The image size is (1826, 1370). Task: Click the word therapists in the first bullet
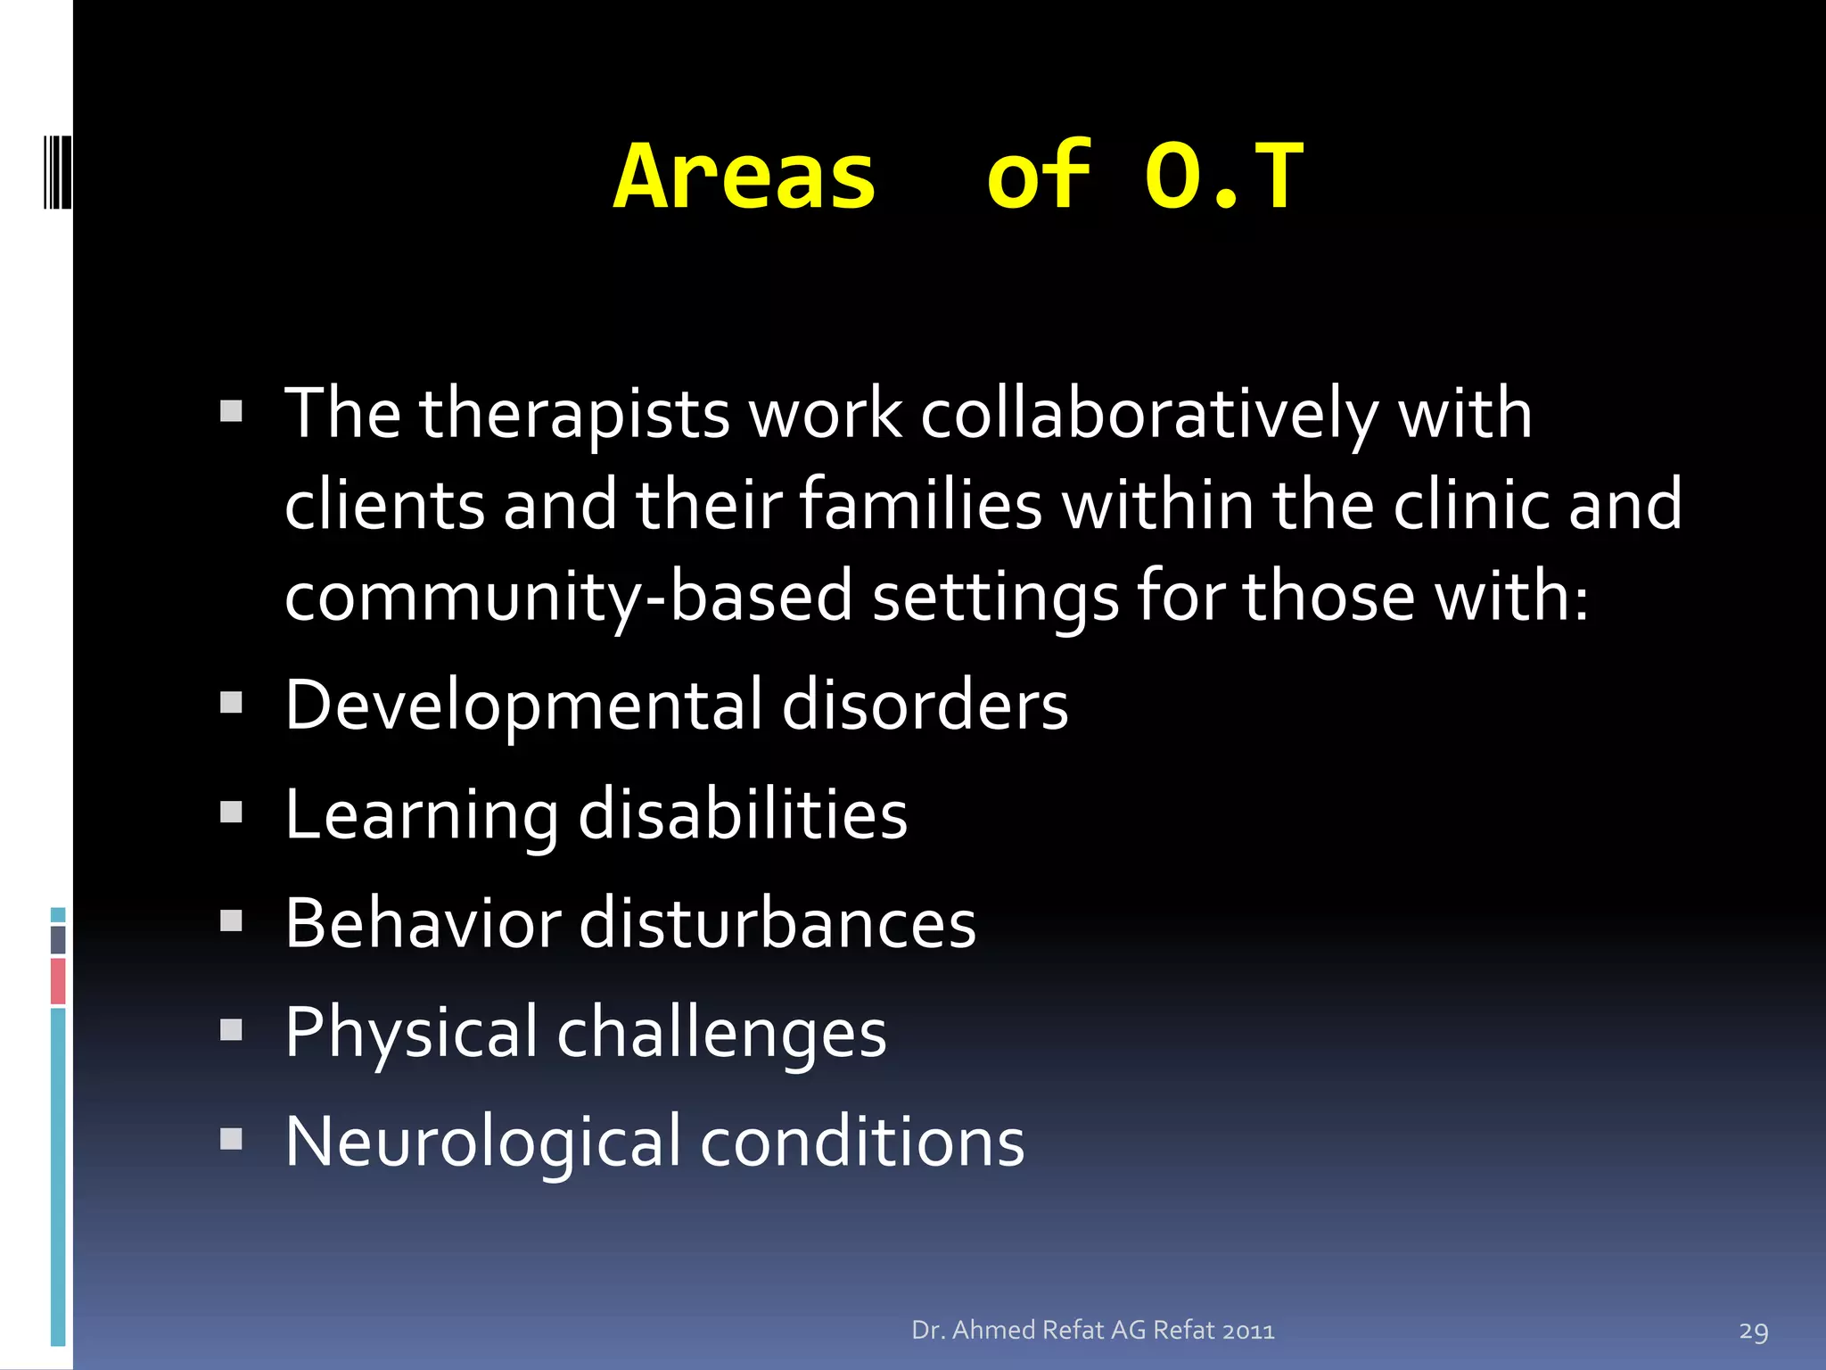(x=575, y=414)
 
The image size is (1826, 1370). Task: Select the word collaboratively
(x=1150, y=414)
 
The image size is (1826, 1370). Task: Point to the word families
(x=920, y=505)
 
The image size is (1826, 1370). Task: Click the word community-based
(x=569, y=596)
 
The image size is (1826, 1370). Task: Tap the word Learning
(x=422, y=814)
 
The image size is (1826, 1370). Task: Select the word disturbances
(x=777, y=923)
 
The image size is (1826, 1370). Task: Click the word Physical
(x=411, y=1032)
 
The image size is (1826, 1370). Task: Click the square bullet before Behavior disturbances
(x=232, y=920)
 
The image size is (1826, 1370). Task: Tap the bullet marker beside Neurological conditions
(x=232, y=1139)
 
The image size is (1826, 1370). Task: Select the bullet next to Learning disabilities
(x=232, y=812)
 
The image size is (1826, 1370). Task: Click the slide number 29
(x=1753, y=1332)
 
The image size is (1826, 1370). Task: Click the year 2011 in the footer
(x=1247, y=1331)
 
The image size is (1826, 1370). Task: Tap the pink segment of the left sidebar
(x=58, y=981)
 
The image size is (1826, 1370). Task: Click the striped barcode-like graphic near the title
(x=57, y=171)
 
